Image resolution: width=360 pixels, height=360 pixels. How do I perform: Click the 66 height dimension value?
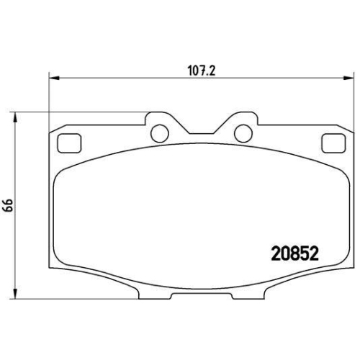tap(9, 204)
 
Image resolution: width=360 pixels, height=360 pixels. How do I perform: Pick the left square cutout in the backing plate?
tap(68, 143)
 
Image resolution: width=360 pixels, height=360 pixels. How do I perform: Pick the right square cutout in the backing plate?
tap(332, 143)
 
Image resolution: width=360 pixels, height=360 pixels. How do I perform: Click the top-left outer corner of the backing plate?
tap(49, 132)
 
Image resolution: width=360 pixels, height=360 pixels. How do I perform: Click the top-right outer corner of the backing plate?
tap(351, 132)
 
